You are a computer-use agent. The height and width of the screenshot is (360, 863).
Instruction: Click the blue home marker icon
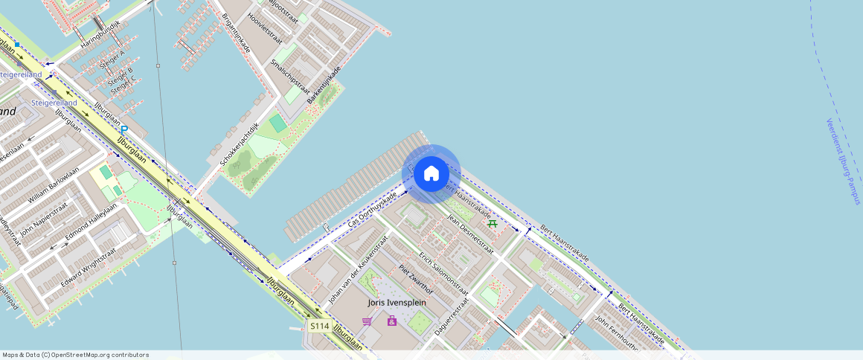(431, 174)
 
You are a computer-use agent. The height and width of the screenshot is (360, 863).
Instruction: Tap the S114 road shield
(319, 327)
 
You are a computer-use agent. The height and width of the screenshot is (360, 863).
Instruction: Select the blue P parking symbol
(124, 131)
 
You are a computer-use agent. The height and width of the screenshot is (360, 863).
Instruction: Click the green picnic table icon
(492, 222)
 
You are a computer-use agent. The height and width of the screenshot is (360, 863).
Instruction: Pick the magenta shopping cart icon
(367, 321)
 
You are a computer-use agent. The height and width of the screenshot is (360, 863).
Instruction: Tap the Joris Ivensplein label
(397, 303)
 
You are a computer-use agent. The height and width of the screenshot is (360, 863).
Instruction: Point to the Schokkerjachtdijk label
(238, 144)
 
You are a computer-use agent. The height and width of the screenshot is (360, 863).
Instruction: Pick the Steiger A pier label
(112, 57)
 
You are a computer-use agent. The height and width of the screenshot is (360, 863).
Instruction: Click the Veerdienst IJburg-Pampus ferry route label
(842, 161)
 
